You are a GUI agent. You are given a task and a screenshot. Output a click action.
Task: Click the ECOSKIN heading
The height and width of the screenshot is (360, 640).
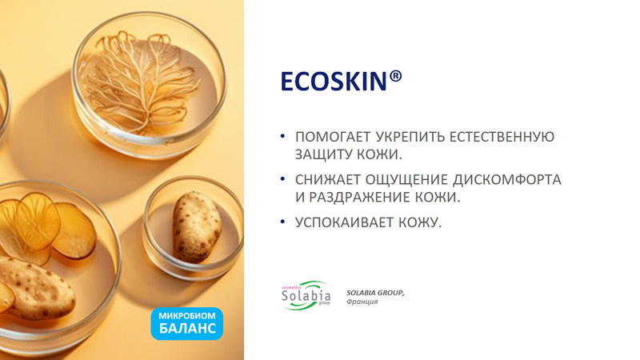tap(342, 81)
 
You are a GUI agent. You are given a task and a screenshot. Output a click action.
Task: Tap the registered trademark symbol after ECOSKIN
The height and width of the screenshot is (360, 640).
tap(395, 76)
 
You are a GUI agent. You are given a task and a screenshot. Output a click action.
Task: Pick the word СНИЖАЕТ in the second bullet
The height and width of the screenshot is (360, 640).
tap(327, 179)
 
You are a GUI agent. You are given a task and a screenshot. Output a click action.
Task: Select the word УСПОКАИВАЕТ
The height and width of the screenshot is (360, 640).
tap(345, 222)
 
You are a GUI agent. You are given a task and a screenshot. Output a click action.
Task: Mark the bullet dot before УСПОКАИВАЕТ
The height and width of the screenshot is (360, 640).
tap(282, 222)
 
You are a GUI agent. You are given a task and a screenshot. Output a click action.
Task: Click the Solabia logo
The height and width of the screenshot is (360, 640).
tap(306, 295)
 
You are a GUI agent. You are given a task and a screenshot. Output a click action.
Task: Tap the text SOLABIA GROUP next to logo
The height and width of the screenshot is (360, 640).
tap(375, 293)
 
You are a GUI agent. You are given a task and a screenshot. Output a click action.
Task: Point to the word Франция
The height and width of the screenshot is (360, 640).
tap(362, 302)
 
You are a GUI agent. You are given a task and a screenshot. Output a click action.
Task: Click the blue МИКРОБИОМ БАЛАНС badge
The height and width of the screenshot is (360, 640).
tap(187, 324)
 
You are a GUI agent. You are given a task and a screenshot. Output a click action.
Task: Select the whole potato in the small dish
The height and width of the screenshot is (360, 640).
tap(196, 227)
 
